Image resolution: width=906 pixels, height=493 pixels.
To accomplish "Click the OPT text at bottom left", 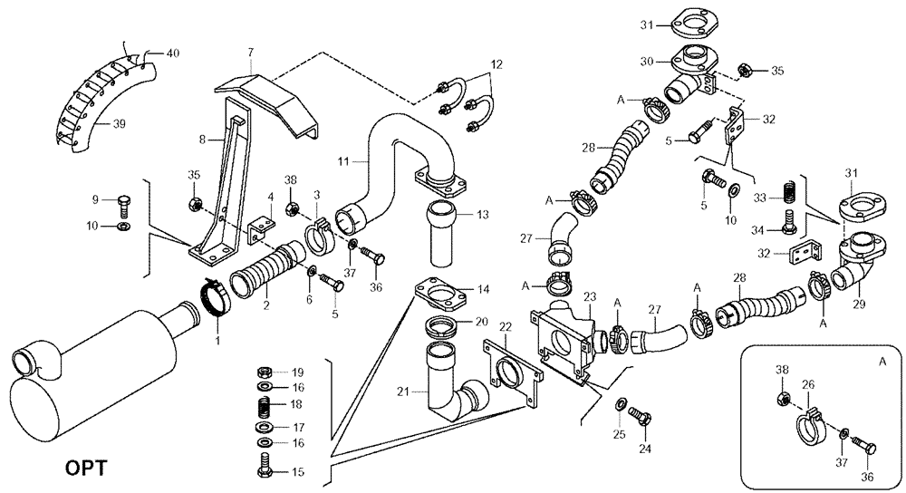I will [87, 469].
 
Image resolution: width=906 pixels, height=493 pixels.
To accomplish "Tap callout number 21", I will [401, 391].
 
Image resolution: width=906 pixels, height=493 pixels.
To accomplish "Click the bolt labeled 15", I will [265, 471].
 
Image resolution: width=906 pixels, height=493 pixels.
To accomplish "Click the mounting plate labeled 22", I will [509, 372].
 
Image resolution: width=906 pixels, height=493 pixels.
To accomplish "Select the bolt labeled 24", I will [642, 420].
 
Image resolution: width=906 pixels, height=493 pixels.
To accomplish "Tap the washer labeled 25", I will [620, 402].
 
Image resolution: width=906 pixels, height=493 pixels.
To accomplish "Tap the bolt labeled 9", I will [125, 205].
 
